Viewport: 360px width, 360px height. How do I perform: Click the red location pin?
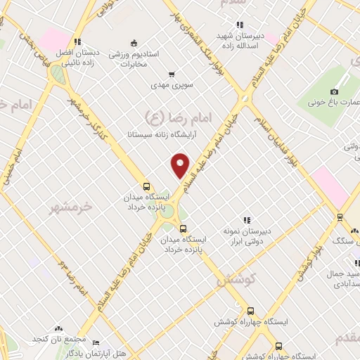click(x=181, y=165)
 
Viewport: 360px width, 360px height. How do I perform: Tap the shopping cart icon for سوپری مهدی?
click(x=172, y=75)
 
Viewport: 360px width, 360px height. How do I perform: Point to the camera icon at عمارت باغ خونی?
click(x=334, y=91)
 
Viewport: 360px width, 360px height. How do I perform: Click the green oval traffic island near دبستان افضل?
click(x=57, y=75)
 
